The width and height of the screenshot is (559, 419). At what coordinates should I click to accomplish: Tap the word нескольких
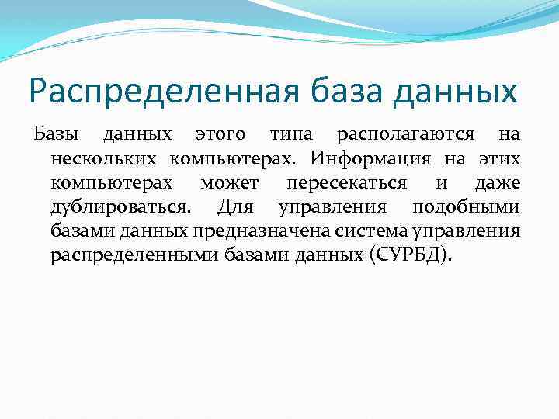click(99, 159)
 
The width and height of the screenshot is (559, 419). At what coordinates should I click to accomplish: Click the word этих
click(502, 159)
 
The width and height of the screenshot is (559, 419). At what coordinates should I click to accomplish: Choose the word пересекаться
click(346, 183)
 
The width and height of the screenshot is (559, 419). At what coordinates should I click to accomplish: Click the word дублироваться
click(119, 207)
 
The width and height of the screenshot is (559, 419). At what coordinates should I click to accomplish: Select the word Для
click(232, 207)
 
